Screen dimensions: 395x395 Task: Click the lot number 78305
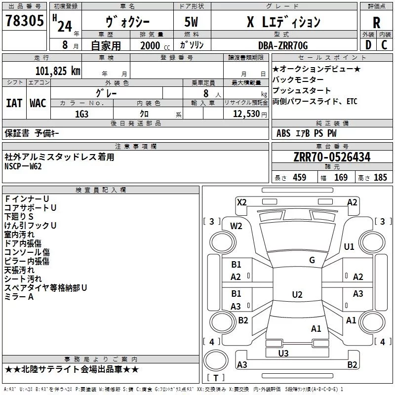point(25,20)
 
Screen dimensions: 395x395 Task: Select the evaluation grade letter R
point(376,23)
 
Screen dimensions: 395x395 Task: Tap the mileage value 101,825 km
point(58,71)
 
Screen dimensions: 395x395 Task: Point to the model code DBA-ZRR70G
point(283,45)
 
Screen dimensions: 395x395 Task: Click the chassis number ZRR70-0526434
point(332,157)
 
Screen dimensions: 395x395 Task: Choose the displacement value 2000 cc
point(155,45)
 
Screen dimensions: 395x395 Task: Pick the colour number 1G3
point(81,114)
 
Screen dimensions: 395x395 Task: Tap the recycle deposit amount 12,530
point(246,114)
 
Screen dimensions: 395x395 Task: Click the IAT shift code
point(14,103)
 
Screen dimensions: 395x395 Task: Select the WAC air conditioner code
point(38,103)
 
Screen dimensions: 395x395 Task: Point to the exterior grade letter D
point(368,45)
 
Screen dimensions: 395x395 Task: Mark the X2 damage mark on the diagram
point(241,202)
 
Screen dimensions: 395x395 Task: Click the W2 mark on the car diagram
point(236,226)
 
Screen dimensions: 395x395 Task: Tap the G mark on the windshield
point(312,260)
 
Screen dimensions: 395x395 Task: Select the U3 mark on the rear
point(283,354)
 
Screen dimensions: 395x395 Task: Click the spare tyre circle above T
point(216,360)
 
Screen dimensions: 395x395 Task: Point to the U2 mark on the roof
point(297,294)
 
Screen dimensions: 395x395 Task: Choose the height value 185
point(380,178)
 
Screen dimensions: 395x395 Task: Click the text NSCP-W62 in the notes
point(23,166)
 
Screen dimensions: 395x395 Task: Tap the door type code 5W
point(191,22)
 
